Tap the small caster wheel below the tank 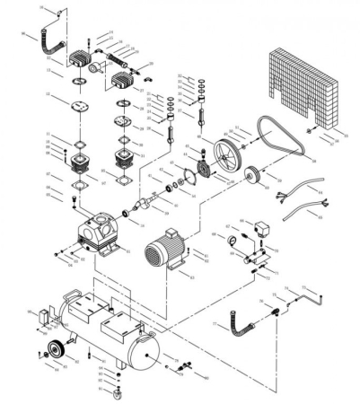tap(115, 392)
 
